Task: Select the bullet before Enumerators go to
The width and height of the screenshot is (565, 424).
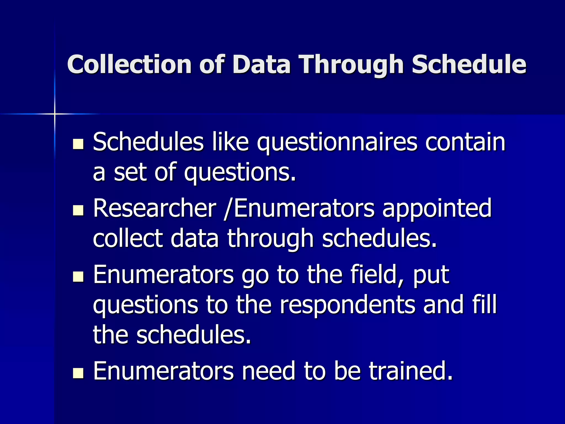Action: [78, 277]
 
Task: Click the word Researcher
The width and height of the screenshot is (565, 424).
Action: [154, 208]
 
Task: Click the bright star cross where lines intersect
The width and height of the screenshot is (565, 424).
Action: [55, 114]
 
